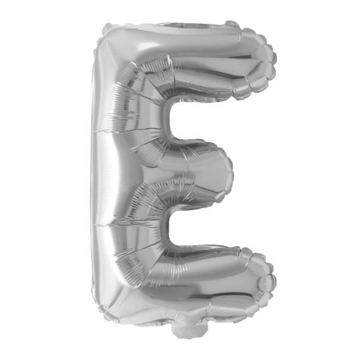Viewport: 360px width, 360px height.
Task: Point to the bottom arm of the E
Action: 204,276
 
